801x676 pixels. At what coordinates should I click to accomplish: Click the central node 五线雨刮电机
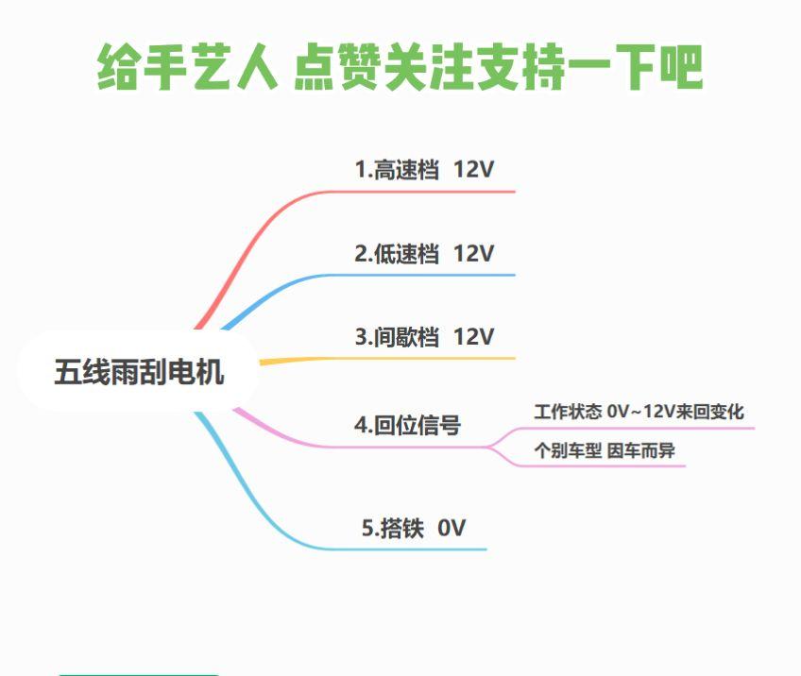click(x=139, y=371)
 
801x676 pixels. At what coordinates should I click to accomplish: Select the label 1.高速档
click(x=397, y=170)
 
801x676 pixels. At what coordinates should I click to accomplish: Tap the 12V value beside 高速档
click(x=473, y=170)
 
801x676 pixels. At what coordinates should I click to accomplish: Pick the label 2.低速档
click(x=397, y=253)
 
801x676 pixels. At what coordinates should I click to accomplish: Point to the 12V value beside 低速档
click(x=473, y=253)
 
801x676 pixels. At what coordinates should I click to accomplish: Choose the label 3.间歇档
click(x=397, y=337)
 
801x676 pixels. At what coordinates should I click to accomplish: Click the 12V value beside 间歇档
click(x=473, y=337)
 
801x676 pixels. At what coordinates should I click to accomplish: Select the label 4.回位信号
click(x=408, y=425)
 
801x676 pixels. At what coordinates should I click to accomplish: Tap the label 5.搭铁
click(x=393, y=528)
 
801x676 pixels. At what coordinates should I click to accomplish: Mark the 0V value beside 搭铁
click(x=452, y=528)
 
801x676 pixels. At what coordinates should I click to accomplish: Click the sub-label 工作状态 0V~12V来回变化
click(x=639, y=412)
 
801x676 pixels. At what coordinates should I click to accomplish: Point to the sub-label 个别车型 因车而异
click(x=605, y=450)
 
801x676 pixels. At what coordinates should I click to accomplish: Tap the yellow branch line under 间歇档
click(x=387, y=359)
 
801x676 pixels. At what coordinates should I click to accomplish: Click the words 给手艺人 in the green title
click(x=187, y=67)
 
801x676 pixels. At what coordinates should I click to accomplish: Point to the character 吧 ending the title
click(x=681, y=67)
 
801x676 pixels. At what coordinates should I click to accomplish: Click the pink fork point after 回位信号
click(x=487, y=447)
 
